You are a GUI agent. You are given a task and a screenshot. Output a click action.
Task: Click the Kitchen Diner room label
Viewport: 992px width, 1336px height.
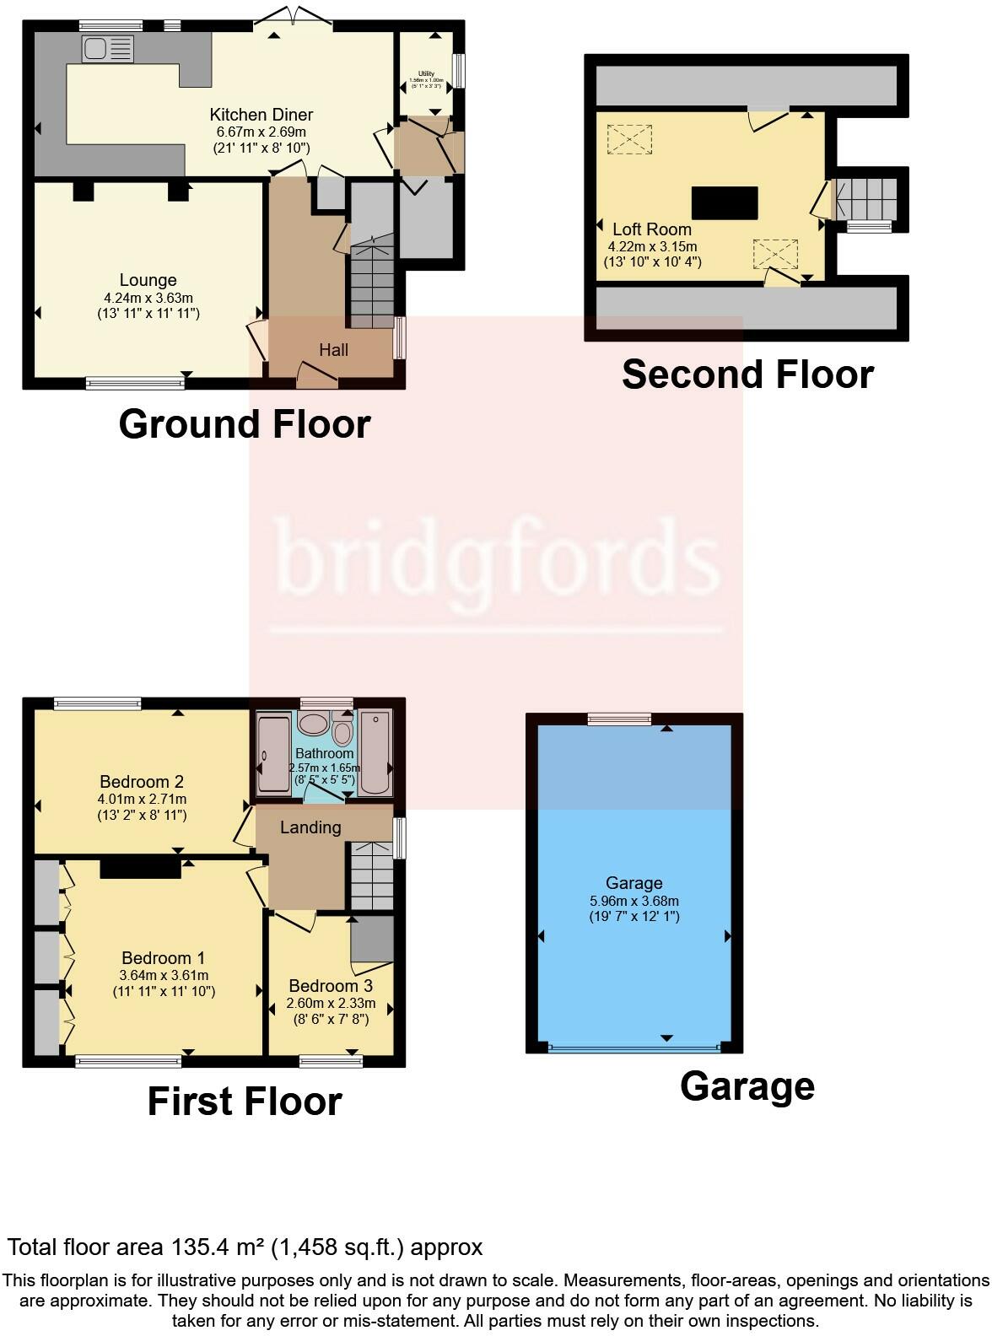(261, 115)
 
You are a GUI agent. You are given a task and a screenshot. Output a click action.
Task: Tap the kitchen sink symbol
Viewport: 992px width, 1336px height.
(108, 49)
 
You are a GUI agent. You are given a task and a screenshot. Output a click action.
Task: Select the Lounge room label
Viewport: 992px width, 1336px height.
(148, 280)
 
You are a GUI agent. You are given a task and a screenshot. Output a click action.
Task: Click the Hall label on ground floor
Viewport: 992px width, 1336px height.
(333, 349)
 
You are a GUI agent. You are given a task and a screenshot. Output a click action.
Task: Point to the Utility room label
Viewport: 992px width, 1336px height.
(426, 74)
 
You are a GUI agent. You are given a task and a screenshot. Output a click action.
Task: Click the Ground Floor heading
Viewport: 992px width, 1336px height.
(245, 423)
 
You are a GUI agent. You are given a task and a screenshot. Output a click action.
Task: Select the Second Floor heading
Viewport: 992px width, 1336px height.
(747, 374)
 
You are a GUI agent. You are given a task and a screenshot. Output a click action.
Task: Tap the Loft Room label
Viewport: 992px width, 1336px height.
(652, 229)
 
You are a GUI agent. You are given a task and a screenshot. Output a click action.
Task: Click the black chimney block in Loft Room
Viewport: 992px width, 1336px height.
(725, 202)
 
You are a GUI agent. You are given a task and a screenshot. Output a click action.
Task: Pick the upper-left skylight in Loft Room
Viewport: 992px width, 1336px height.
(629, 140)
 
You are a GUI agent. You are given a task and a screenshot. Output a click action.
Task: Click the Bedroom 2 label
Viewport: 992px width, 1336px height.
(142, 782)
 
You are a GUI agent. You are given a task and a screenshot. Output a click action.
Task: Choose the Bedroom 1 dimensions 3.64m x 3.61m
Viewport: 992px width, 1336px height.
(164, 975)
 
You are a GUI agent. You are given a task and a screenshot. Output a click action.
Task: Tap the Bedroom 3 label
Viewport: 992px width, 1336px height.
(331, 986)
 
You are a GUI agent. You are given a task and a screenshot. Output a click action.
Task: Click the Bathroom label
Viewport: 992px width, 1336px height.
(325, 753)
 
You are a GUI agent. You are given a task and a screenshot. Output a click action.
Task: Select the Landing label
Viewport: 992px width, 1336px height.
(310, 827)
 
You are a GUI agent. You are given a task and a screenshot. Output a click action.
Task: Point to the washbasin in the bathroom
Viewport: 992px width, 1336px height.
(314, 724)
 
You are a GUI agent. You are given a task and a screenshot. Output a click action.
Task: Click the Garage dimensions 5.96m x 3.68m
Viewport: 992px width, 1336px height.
(633, 900)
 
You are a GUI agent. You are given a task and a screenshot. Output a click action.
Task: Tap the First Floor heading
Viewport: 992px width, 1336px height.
(245, 1102)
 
